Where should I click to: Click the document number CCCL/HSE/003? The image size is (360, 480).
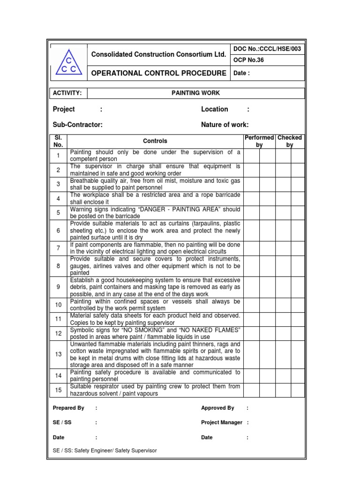pos(267,49)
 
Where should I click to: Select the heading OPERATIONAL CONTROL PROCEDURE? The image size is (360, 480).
pos(158,73)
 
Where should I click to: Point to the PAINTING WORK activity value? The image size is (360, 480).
pos(195,93)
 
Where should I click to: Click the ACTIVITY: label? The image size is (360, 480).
pos(67,93)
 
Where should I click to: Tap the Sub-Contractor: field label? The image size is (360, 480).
pos(78,125)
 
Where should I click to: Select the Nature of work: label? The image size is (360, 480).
pos(225,125)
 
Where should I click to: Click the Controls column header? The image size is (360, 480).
pos(155,141)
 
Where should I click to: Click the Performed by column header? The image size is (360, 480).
pos(259,141)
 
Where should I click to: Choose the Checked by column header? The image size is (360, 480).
pos(290,141)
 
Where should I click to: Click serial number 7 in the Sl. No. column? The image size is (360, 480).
pos(59,248)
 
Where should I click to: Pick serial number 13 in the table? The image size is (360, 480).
pos(59,354)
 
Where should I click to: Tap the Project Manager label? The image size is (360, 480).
pos(222,422)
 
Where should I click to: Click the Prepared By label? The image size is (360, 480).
pos(68,408)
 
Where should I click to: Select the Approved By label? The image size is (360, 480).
pos(217,408)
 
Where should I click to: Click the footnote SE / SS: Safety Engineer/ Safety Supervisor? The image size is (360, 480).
pos(105,450)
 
